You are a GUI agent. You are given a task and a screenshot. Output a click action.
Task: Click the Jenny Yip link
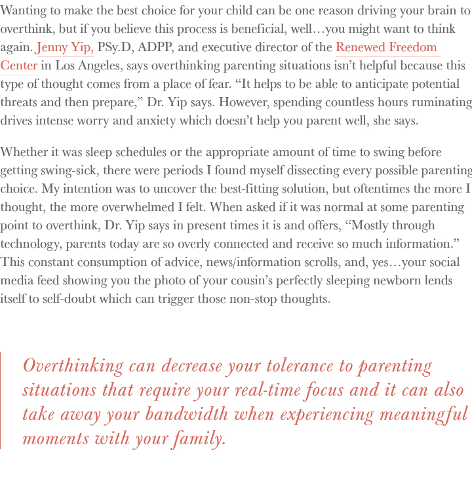point(65,48)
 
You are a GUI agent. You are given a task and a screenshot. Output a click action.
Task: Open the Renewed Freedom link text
point(386,48)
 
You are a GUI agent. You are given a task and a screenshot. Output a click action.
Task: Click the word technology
point(32,244)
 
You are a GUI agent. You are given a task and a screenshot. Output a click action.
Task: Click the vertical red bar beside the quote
point(1,400)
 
